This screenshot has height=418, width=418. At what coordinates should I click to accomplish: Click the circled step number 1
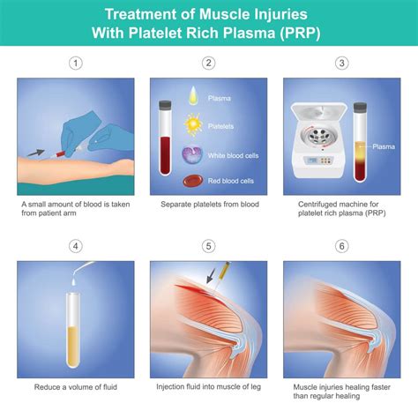[x=76, y=63]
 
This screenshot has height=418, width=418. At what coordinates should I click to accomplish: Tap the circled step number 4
[x=76, y=247]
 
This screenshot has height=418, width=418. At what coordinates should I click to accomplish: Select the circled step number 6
[x=341, y=247]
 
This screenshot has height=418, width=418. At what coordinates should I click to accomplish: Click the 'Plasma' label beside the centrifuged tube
[x=384, y=146]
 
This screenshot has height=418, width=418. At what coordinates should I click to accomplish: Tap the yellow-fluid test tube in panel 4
[x=77, y=317]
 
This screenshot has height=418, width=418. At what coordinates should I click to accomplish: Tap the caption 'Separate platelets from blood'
[x=209, y=204]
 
